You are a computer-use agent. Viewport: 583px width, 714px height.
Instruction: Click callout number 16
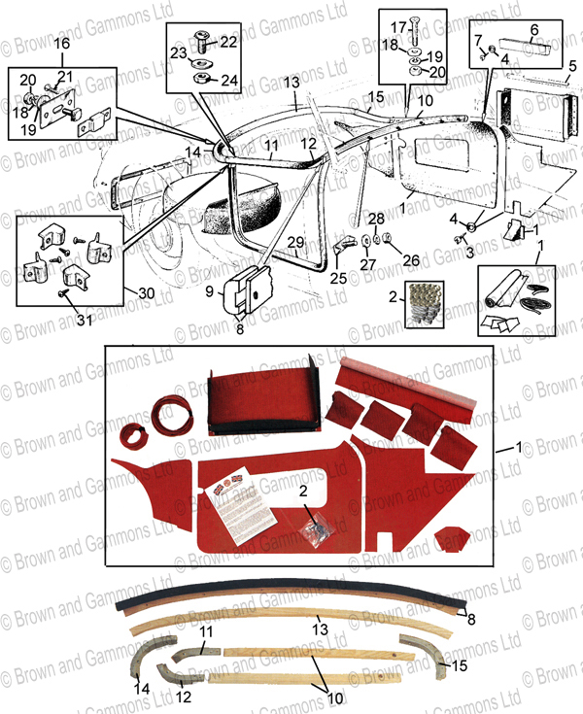[x=60, y=45]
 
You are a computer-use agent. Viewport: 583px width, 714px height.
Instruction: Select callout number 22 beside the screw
[x=227, y=43]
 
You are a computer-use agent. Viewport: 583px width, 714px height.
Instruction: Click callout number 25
[x=336, y=278]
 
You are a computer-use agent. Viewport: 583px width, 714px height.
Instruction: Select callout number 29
[x=296, y=242]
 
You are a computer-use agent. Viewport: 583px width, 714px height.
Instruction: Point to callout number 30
[x=146, y=292]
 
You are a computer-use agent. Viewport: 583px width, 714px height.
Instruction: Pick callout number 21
[x=65, y=77]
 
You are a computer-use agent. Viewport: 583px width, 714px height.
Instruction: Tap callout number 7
[x=478, y=39]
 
